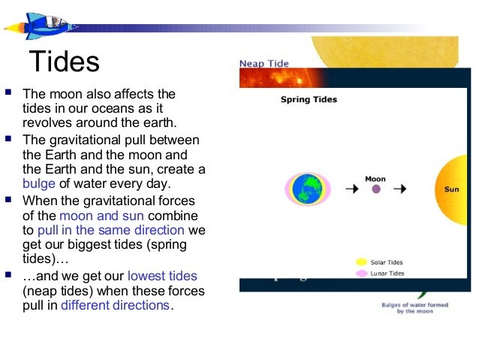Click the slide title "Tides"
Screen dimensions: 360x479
click(64, 62)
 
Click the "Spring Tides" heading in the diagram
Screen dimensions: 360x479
click(309, 99)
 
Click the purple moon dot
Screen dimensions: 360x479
click(376, 189)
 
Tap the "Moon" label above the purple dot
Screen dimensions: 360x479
click(375, 179)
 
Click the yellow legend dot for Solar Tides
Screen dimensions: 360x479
click(361, 262)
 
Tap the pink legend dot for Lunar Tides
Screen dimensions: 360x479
click(361, 274)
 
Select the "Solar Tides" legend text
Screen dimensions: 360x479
click(387, 262)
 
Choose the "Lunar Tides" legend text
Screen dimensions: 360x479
click(387, 274)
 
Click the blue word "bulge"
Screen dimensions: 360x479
click(39, 184)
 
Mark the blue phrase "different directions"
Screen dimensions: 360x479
click(115, 305)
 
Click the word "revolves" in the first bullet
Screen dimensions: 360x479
click(47, 123)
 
